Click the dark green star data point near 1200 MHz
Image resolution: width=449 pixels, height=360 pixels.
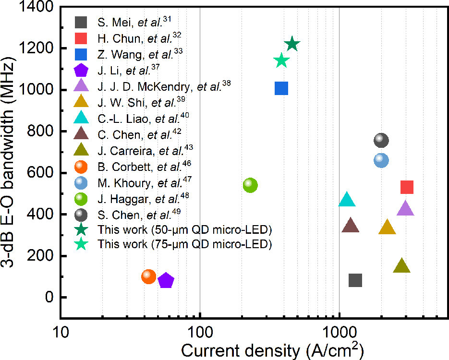[x=292, y=45]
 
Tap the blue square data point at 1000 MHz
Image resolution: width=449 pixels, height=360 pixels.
[x=281, y=88]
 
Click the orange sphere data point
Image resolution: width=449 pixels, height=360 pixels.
[x=149, y=276]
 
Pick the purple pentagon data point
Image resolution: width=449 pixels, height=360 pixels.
[x=166, y=281]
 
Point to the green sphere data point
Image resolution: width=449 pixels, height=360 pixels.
[x=250, y=185]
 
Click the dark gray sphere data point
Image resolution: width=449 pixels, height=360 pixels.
[x=381, y=140]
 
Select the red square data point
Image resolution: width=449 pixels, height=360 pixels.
[x=407, y=187]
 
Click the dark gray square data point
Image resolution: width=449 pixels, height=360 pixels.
[x=355, y=280]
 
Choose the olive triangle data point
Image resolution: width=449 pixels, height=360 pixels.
[x=402, y=266]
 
